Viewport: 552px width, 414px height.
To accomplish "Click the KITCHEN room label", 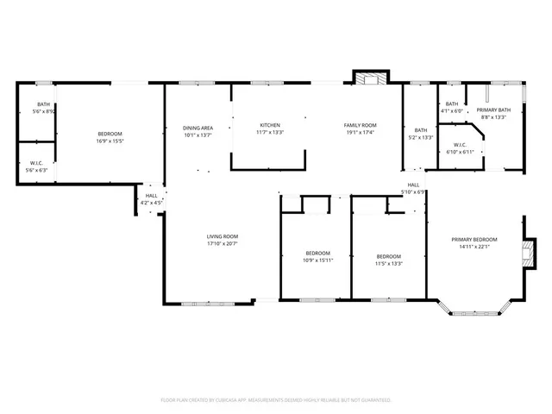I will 270,125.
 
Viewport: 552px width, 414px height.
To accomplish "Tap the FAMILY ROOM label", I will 361,125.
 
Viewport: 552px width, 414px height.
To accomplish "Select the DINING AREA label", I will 198,128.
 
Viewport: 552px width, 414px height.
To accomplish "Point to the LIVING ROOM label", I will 222,236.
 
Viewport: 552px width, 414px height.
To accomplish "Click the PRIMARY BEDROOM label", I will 474,239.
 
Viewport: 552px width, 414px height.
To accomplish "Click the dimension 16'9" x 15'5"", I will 110,141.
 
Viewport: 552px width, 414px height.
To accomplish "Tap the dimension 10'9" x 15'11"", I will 317,260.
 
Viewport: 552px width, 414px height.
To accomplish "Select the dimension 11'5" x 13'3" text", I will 389,263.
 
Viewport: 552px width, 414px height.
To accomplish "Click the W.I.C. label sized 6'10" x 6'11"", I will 460,145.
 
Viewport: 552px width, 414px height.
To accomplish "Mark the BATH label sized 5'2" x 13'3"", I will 419,130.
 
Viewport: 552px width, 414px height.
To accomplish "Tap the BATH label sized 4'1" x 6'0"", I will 452,103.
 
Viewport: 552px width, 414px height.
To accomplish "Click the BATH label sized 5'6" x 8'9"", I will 43,104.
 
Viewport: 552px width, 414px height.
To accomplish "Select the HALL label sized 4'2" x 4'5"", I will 151,196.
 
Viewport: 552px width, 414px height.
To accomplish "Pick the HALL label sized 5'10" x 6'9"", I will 414,185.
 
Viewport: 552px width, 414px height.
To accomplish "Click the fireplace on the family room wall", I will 370,79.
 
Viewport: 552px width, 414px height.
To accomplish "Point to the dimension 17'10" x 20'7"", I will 222,244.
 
